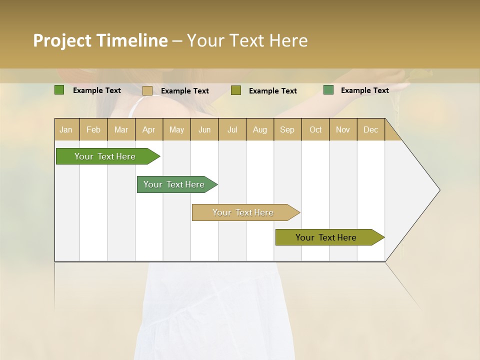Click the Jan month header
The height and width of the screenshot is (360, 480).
coord(66,129)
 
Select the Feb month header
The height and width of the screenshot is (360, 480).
coord(93,129)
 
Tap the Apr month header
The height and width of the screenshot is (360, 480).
coord(149,129)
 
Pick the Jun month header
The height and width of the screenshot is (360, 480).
coord(204,129)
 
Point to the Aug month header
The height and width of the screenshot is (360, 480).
coord(260,129)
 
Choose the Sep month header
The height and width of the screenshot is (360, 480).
coord(287,129)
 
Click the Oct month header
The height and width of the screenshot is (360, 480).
coord(315,129)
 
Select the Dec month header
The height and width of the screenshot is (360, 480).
coord(371,129)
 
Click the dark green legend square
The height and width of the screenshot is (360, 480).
coord(59,90)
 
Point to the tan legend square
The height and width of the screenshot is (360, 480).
coord(147,90)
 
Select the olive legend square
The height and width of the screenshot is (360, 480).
coord(236,90)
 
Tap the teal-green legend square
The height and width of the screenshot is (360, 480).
coord(328,90)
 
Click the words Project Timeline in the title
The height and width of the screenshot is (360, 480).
coord(100,40)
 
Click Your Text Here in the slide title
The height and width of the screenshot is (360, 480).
coord(247,40)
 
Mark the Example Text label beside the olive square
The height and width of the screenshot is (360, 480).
coord(272,91)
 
